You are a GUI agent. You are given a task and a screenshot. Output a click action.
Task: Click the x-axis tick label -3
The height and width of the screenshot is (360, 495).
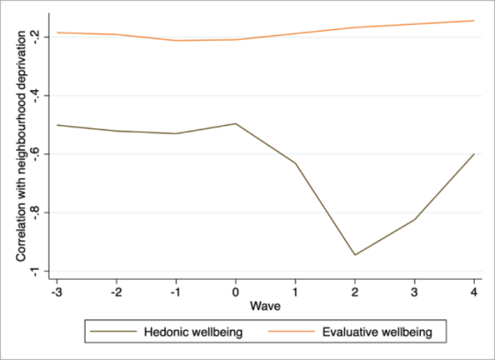click(x=57, y=289)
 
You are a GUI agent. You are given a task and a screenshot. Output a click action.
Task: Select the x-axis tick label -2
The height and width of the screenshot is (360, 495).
click(x=116, y=289)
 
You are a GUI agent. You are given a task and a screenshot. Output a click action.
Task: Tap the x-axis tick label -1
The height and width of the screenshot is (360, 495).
click(x=176, y=289)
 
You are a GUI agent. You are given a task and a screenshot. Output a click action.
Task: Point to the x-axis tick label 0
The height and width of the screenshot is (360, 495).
click(x=236, y=289)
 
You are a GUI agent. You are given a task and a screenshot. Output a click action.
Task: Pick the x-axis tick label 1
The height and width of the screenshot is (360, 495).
click(x=296, y=289)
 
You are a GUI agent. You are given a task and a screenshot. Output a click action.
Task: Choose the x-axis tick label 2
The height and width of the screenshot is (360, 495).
click(x=355, y=289)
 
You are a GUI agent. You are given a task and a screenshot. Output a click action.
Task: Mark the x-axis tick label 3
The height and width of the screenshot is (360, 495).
click(x=415, y=289)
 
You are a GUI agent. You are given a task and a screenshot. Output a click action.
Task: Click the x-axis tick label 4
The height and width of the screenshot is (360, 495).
click(x=474, y=289)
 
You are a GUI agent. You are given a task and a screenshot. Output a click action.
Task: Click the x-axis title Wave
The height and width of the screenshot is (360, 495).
click(x=266, y=306)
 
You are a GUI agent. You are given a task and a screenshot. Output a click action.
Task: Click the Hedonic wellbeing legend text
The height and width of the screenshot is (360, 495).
click(x=192, y=333)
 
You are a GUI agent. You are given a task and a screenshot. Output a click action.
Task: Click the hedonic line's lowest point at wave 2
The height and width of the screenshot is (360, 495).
click(x=355, y=255)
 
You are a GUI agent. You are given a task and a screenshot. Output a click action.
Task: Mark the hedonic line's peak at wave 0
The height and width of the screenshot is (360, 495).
click(x=236, y=124)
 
